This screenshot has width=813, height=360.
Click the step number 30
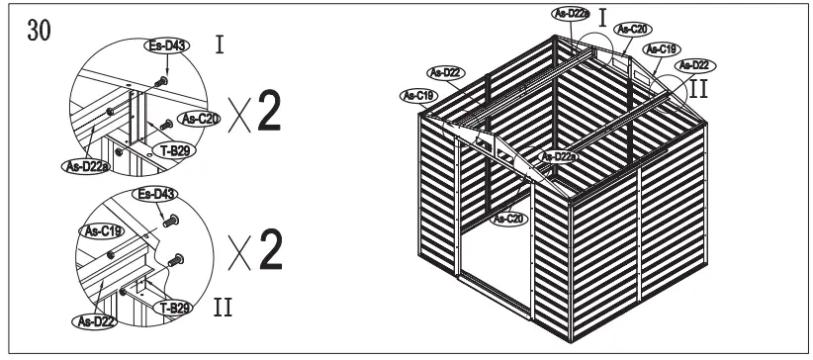point(41,29)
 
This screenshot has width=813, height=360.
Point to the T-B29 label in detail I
point(174,151)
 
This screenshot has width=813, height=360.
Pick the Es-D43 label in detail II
point(156,193)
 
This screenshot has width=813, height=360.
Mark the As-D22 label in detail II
point(90,319)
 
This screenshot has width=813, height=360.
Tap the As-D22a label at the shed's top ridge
point(570,13)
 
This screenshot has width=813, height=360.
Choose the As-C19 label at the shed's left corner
point(419,95)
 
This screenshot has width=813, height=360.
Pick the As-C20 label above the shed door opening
point(510,219)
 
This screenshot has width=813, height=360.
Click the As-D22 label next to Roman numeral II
point(693,65)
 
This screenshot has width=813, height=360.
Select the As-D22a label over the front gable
point(560,156)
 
